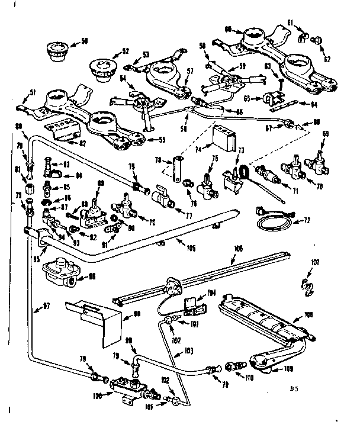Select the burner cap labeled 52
[104, 67]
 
